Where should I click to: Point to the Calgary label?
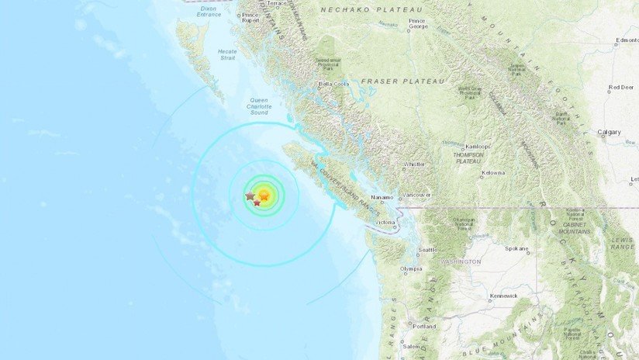(610, 133)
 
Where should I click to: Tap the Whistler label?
(415, 164)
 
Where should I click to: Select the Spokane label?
(516, 250)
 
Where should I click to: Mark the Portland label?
(424, 326)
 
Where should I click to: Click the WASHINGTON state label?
(461, 261)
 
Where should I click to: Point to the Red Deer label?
(621, 88)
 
